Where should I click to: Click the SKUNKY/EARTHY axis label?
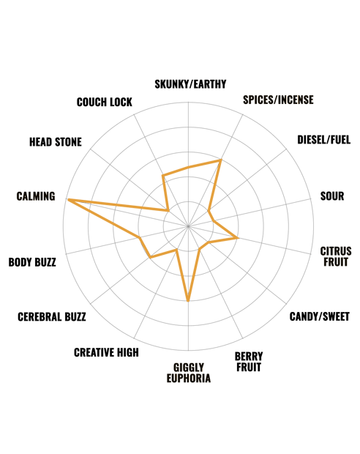click(x=190, y=84)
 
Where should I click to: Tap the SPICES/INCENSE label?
click(x=278, y=100)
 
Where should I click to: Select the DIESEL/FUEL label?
click(x=324, y=140)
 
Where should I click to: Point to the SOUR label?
click(x=332, y=196)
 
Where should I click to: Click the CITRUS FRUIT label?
click(x=336, y=256)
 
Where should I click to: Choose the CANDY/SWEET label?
click(x=320, y=316)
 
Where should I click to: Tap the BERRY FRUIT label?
click(x=249, y=361)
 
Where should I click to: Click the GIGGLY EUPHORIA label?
click(x=188, y=373)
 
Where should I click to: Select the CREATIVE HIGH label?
click(x=106, y=352)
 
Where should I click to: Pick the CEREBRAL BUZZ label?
click(x=52, y=317)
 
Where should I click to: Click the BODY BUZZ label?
click(x=32, y=262)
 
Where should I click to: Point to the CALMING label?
click(x=36, y=196)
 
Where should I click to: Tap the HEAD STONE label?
click(x=56, y=142)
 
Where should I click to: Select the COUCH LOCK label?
click(x=105, y=102)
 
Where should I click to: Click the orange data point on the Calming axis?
click(x=68, y=199)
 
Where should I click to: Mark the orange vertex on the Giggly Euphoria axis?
click(x=188, y=301)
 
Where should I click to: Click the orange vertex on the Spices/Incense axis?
click(x=220, y=160)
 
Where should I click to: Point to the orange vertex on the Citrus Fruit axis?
click(x=238, y=238)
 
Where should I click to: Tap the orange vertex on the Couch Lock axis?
click(x=163, y=176)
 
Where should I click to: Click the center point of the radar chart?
click(x=188, y=226)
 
